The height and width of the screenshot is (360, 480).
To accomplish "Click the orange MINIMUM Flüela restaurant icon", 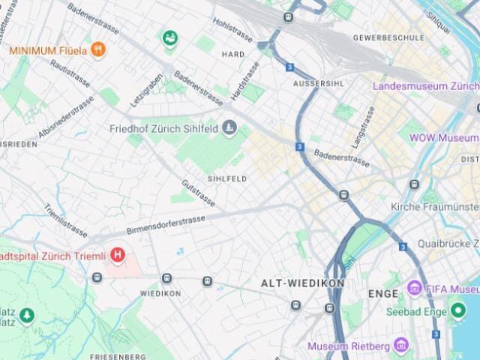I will click(98, 50).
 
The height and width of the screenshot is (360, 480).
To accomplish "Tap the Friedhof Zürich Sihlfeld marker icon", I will click(229, 129).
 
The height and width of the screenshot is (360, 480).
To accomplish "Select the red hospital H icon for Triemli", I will click(118, 256).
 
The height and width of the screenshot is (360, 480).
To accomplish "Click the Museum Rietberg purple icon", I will click(401, 346).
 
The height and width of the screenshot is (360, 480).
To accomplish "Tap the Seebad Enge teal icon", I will click(457, 311).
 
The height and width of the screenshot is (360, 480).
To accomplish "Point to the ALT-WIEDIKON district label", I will click(302, 283).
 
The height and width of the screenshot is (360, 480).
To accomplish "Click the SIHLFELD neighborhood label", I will click(227, 179).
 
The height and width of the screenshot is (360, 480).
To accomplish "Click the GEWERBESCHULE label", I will click(388, 37).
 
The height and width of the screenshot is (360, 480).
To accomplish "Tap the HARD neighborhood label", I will click(233, 55).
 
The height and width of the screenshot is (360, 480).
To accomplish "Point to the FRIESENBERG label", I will click(117, 355).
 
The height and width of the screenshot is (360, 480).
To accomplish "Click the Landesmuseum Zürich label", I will click(426, 86).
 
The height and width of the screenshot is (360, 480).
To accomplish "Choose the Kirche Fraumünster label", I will click(435, 206).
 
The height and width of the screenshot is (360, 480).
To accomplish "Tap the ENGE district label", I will click(382, 294).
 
